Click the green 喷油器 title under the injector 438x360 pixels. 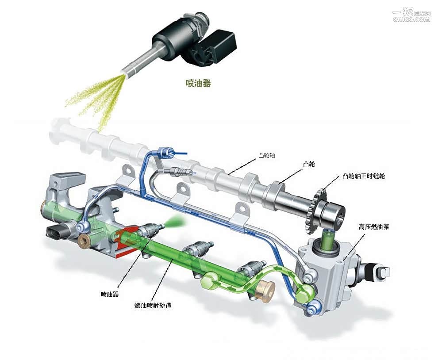click(x=198, y=83)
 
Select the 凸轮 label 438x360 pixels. click(x=309, y=164)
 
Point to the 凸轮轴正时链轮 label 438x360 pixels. click(x=364, y=176)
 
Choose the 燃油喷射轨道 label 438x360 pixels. click(x=156, y=306)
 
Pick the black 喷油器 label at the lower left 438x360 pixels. click(x=110, y=294)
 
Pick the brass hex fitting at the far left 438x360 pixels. click(x=84, y=241)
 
